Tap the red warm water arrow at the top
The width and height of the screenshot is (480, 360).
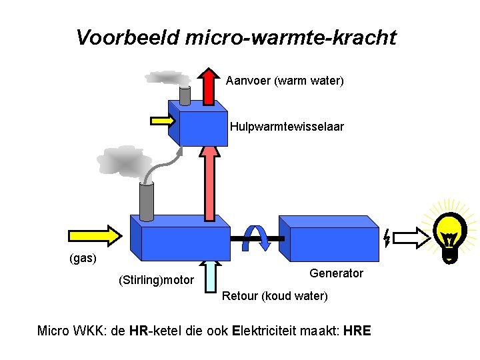209,86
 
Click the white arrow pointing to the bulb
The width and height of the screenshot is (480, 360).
413,237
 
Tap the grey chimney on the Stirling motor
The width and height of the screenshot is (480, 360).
146,199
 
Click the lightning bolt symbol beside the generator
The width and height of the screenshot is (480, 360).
387,237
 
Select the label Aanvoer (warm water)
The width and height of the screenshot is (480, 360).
285,81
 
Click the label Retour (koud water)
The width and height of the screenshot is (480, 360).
274,295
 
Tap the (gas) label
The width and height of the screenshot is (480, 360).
83,257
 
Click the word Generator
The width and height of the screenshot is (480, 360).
337,273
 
